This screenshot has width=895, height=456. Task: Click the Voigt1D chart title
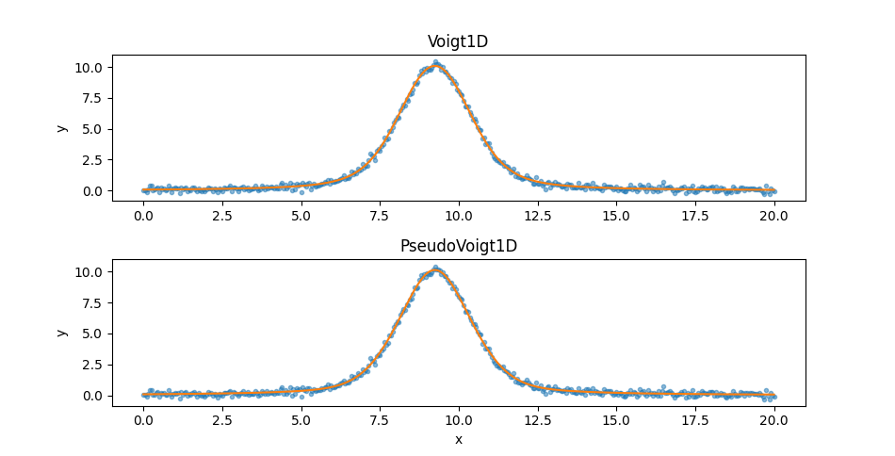coord(459,42)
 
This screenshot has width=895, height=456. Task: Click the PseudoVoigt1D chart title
coord(459,247)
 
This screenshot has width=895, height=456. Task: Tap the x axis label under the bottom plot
coord(459,439)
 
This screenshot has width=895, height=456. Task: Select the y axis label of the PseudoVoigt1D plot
coord(62,333)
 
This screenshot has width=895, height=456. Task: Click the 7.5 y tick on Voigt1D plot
coord(91,98)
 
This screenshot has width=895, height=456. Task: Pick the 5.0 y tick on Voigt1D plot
coord(91,129)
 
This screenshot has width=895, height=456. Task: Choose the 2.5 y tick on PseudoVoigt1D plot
coord(91,365)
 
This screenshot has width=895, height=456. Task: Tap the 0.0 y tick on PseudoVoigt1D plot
coord(91,396)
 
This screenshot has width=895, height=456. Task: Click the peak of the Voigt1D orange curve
coord(435,66)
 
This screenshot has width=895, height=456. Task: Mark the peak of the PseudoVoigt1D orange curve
coord(435,270)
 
